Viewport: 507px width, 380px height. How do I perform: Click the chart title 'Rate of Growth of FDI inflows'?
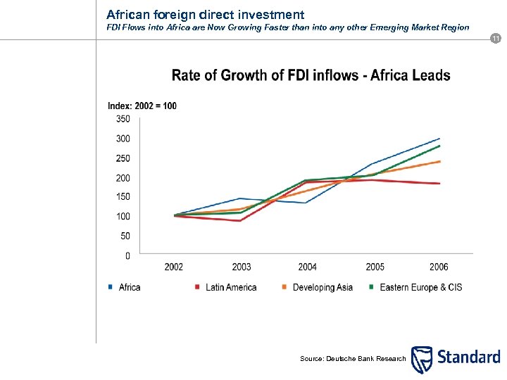[311, 76]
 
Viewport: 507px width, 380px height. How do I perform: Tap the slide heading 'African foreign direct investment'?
[206, 14]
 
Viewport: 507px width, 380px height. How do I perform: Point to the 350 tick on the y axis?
[123, 119]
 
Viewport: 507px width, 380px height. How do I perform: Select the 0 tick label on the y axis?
[127, 256]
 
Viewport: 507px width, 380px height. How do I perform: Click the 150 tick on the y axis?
[123, 197]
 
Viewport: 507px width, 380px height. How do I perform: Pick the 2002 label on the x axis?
[174, 267]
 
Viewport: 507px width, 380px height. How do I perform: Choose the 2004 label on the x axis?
[307, 267]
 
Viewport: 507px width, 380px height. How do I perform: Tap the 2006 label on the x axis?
[439, 267]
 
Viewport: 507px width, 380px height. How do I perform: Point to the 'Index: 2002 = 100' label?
[142, 106]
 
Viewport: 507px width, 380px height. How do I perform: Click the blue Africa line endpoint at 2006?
[439, 139]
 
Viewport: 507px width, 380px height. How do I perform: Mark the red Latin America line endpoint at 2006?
[439, 184]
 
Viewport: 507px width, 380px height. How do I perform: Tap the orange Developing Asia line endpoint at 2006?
[439, 161]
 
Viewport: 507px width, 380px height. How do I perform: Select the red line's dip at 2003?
[241, 221]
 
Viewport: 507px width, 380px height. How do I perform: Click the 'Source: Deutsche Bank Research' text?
[353, 359]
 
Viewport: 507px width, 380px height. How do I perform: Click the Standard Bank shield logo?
[422, 360]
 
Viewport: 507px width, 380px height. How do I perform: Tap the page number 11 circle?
[496, 37]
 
